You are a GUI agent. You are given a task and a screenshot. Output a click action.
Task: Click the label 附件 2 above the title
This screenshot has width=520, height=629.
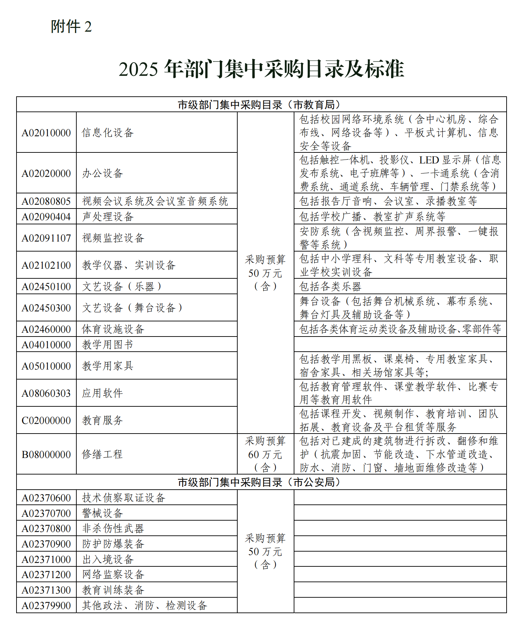click(x=71, y=27)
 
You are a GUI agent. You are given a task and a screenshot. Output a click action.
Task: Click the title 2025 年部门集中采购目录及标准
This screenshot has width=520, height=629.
click(x=261, y=69)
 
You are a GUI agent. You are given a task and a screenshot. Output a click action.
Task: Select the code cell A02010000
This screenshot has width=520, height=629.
click(x=46, y=133)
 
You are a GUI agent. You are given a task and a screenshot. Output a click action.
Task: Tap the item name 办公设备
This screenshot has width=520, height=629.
click(x=102, y=173)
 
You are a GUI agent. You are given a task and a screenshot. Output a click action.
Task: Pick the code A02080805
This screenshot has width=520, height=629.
click(x=46, y=201)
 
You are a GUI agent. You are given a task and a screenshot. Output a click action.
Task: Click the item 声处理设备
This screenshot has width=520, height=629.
click(x=108, y=217)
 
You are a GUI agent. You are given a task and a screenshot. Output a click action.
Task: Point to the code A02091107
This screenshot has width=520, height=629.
click(x=46, y=238)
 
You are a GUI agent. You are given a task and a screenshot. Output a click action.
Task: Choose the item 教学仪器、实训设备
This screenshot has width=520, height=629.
click(x=129, y=265)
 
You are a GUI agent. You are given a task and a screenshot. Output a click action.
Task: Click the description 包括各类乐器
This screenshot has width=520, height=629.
click(x=331, y=287)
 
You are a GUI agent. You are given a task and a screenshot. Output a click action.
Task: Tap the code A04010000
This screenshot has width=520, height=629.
click(x=46, y=345)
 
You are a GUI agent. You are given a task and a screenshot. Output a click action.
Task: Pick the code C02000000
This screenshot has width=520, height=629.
click(x=46, y=420)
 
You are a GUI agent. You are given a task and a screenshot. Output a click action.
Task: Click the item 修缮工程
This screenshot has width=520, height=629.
click(x=102, y=455)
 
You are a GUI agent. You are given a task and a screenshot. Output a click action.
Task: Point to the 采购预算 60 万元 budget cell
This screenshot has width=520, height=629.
click(x=265, y=454)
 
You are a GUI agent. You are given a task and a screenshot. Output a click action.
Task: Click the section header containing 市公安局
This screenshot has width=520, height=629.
click(x=261, y=482)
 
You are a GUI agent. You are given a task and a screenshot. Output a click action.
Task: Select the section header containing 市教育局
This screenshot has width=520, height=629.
click(x=261, y=105)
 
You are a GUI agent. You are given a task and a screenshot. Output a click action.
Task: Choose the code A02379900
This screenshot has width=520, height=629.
click(x=46, y=606)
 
